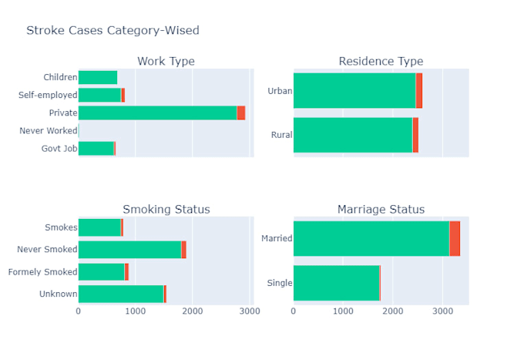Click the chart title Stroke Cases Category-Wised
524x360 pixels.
click(113, 31)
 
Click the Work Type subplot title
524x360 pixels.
click(166, 62)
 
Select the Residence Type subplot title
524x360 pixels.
click(381, 62)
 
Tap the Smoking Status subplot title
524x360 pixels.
click(166, 210)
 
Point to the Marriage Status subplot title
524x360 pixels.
click(381, 210)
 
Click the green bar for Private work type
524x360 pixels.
click(157, 113)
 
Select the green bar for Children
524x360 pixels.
click(98, 77)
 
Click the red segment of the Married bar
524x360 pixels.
click(455, 238)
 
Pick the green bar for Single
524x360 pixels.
click(336, 283)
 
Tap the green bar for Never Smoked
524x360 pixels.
click(129, 250)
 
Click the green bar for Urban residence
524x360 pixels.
click(354, 90)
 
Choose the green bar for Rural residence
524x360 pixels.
click(353, 135)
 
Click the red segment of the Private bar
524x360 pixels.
click(241, 113)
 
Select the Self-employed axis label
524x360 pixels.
click(48, 95)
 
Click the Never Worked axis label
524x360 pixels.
click(48, 130)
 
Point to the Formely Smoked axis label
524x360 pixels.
click(42, 272)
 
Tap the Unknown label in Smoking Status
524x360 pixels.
click(58, 294)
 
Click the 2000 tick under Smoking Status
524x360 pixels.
click(193, 311)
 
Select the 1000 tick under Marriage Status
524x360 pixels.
click(343, 311)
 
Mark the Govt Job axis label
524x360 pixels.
click(59, 148)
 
